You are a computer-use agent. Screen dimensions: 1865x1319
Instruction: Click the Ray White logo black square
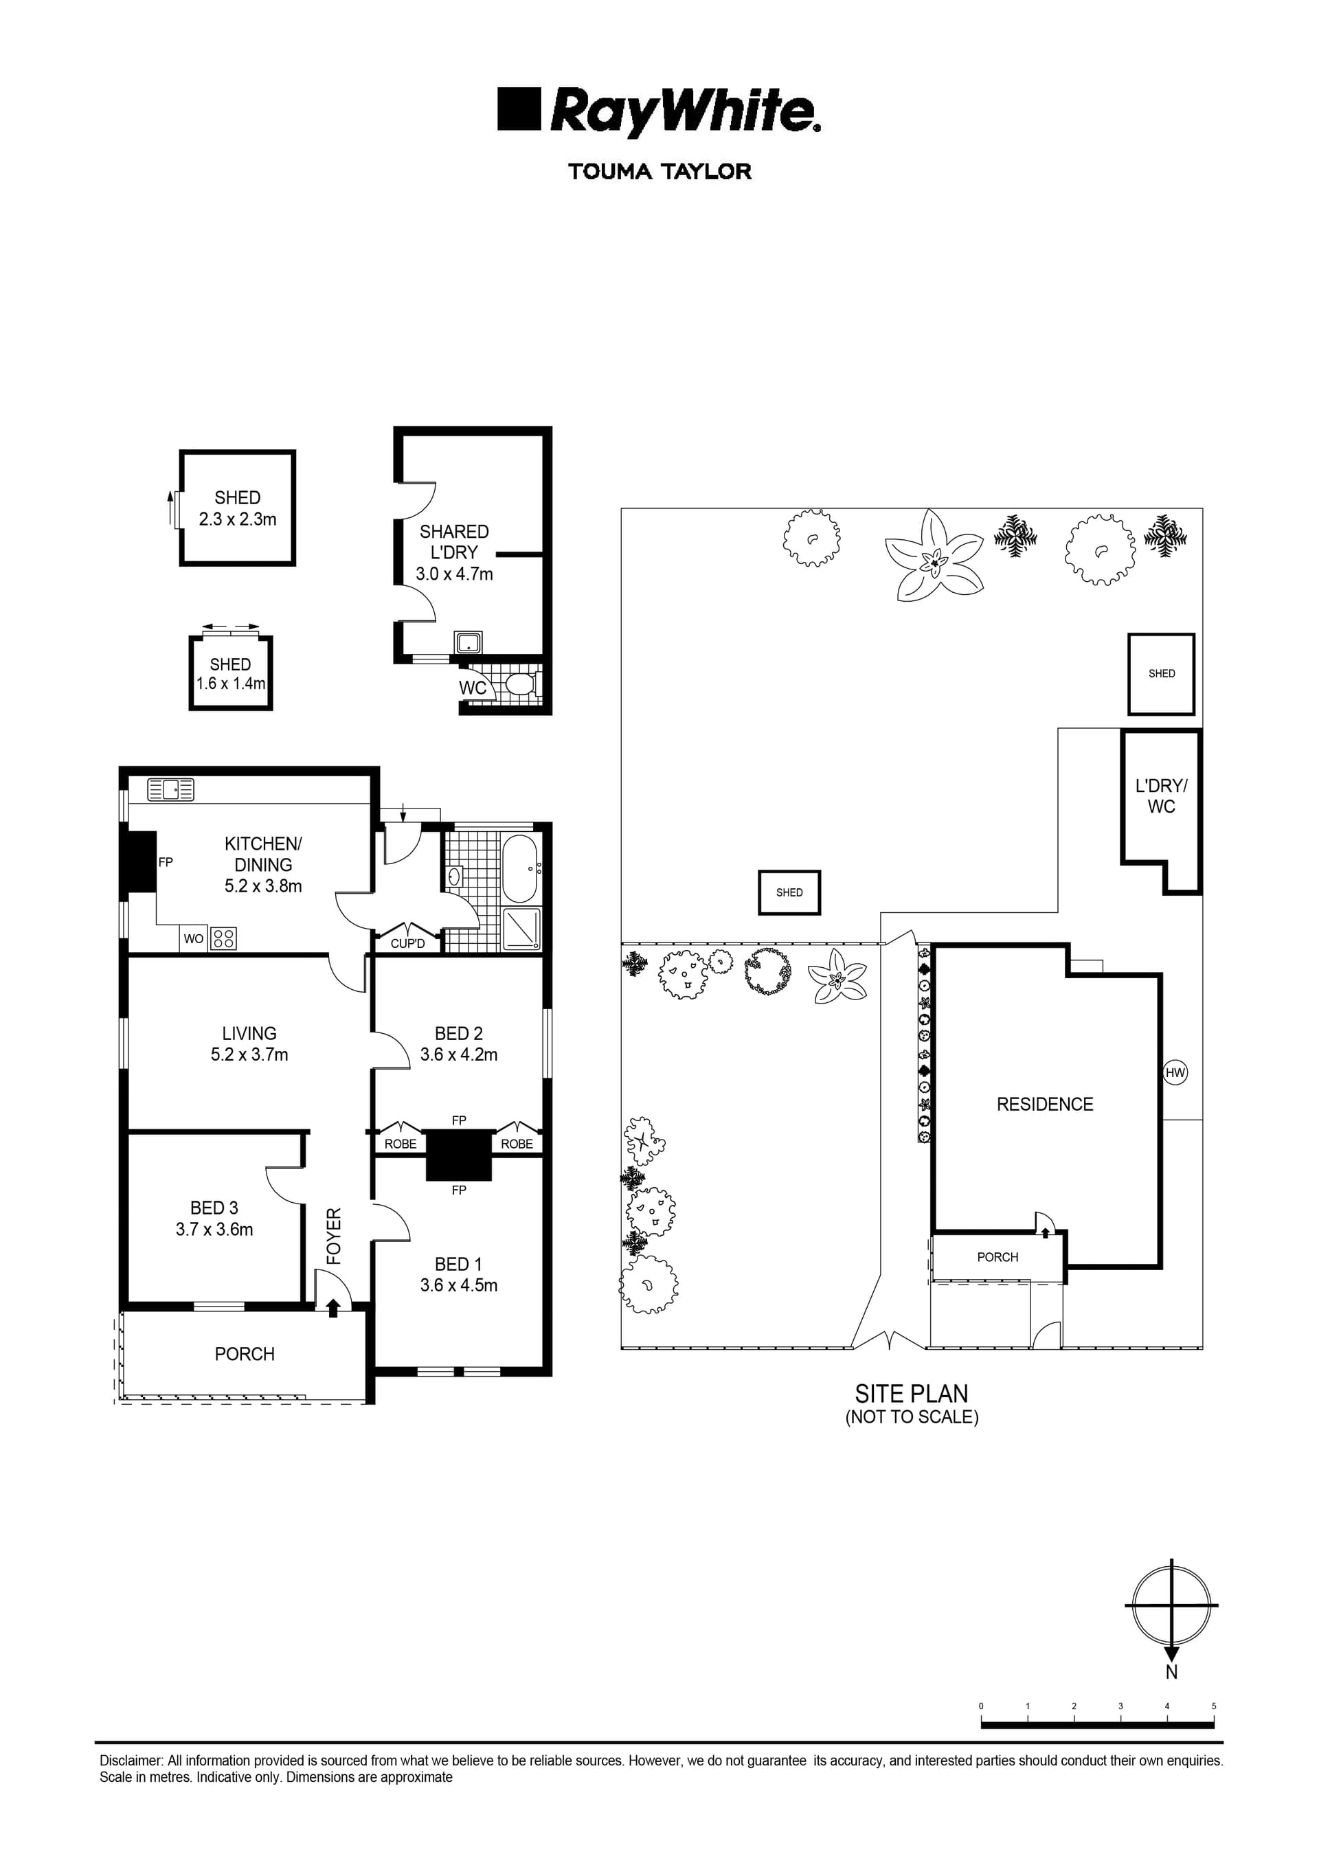[518, 109]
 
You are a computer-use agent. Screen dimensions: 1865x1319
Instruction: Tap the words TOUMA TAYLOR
[659, 172]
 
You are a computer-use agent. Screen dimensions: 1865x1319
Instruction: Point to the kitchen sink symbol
[170, 789]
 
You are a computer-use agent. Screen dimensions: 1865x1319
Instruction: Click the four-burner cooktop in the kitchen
[223, 939]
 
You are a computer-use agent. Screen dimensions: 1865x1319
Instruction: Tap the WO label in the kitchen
[193, 939]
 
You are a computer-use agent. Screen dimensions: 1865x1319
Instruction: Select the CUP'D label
[407, 944]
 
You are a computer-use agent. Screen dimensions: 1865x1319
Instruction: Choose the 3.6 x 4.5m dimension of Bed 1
[458, 1285]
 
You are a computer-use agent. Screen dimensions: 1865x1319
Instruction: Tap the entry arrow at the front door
[333, 1307]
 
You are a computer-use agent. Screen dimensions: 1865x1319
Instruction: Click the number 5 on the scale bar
[1213, 1706]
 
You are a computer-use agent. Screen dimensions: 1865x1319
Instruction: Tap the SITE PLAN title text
[912, 1394]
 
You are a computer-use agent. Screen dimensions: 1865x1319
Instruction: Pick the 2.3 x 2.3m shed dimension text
[237, 519]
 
